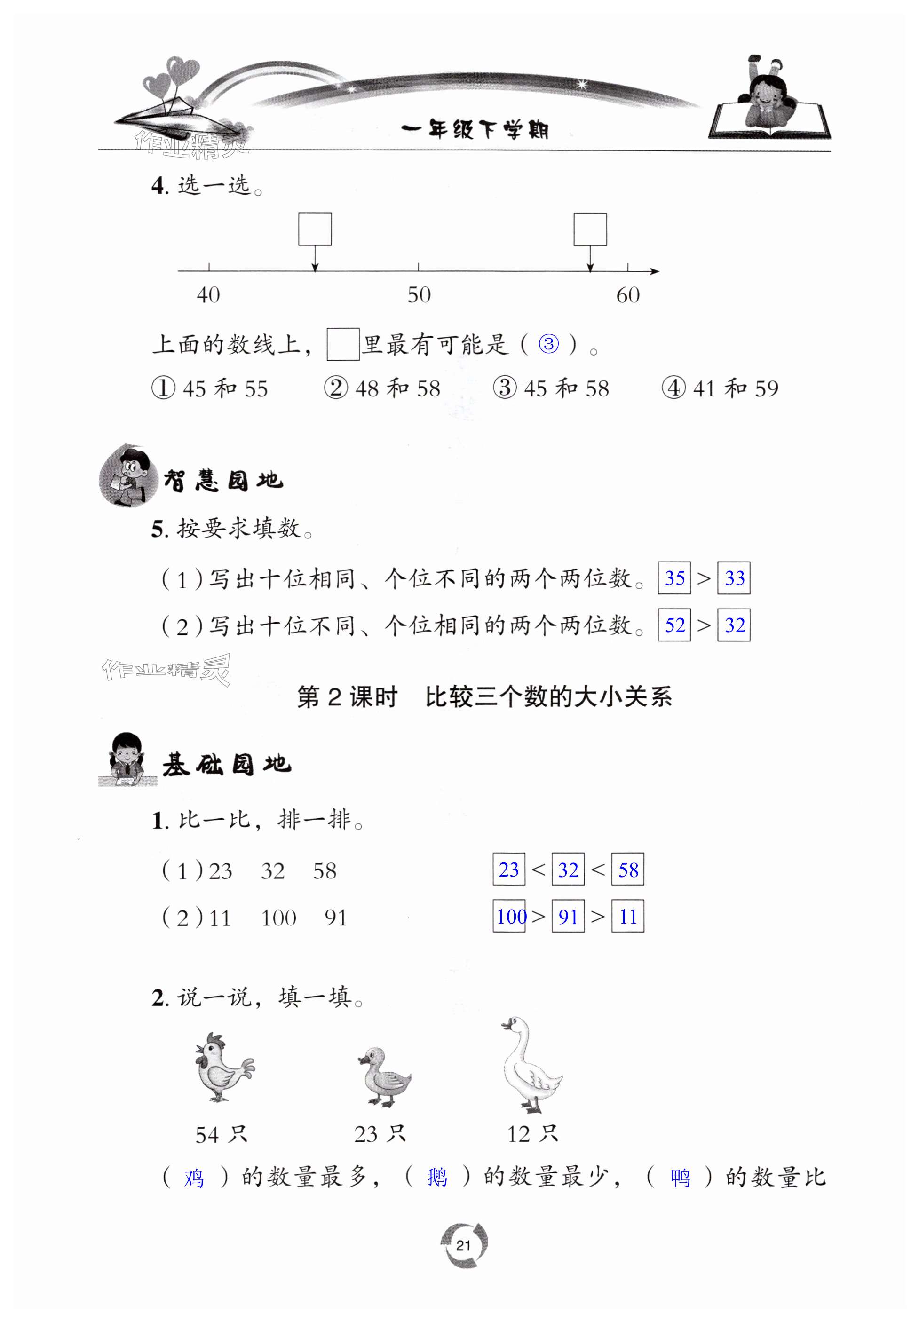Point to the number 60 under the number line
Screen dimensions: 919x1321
[627, 295]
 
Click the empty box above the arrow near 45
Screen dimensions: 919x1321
[315, 229]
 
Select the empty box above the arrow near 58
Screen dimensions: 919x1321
[590, 229]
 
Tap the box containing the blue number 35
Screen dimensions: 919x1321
[674, 577]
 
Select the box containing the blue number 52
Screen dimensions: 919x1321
[674, 625]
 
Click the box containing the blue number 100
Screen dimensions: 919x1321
[509, 916]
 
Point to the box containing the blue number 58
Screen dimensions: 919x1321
[627, 870]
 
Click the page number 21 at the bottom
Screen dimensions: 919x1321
[463, 1245]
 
